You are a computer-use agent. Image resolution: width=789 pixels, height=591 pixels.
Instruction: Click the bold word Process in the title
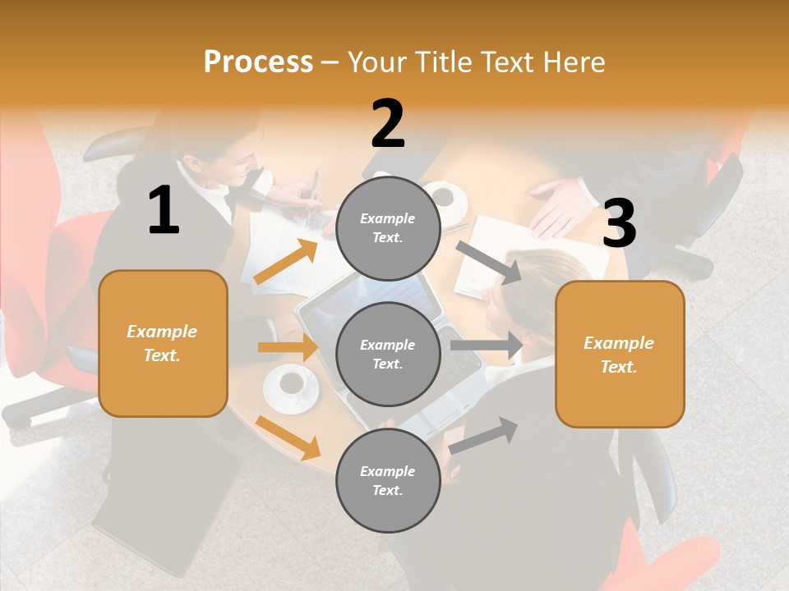click(x=258, y=62)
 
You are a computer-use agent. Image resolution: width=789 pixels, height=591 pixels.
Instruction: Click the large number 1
click(x=164, y=210)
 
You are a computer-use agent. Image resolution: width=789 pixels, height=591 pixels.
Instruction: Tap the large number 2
click(x=388, y=124)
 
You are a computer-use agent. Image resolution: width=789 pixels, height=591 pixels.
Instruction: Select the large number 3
click(x=619, y=223)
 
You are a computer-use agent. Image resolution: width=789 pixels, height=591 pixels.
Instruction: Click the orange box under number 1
click(x=163, y=343)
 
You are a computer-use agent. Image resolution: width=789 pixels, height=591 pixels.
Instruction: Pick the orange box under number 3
click(x=620, y=355)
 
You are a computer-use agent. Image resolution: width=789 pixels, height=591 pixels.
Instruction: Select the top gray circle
click(x=388, y=228)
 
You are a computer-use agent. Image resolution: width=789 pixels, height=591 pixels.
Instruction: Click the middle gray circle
click(x=388, y=355)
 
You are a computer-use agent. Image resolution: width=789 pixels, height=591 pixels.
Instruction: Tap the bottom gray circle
click(x=388, y=481)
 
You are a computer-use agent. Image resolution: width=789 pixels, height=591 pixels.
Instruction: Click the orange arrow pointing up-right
click(x=286, y=262)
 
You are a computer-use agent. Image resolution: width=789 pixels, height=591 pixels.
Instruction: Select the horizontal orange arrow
click(x=288, y=347)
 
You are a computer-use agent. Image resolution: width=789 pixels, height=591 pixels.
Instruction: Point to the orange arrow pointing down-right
click(x=288, y=438)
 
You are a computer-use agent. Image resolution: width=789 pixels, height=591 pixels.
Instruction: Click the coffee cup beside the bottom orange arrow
click(x=291, y=386)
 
